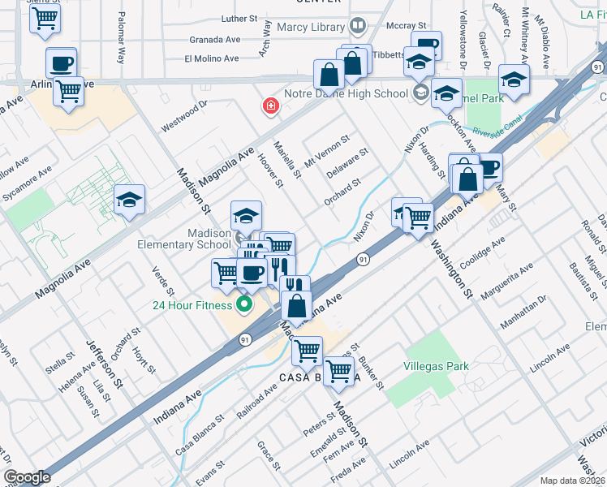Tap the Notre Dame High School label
click(357, 93)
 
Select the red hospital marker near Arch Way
click(269, 106)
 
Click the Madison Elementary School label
click(209, 239)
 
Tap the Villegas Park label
click(436, 367)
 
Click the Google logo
click(27, 477)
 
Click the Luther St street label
click(239, 18)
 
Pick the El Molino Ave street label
click(211, 58)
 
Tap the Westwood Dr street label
click(184, 116)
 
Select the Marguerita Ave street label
click(508, 280)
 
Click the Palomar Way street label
click(121, 49)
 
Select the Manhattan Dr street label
click(523, 312)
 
